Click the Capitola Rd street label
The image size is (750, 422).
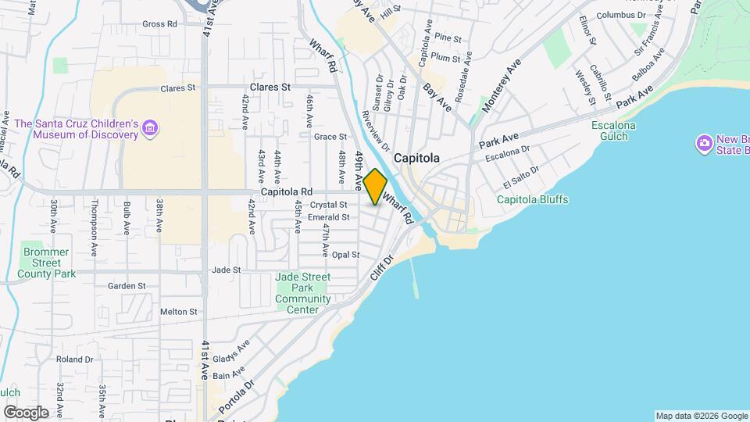[x=287, y=191]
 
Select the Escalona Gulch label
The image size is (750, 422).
[x=614, y=131]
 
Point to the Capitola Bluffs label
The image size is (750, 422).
[x=532, y=199]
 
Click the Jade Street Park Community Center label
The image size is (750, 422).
[x=302, y=293]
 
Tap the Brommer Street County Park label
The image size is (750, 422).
[x=47, y=263]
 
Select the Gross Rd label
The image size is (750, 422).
[x=159, y=24]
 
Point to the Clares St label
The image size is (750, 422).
[x=270, y=88]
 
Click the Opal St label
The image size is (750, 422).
[x=345, y=255]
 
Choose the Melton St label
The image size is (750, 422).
[x=178, y=311]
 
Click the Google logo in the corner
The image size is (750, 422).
[x=26, y=412]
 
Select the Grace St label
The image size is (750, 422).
[x=324, y=137]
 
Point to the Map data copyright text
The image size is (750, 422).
[x=701, y=416]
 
